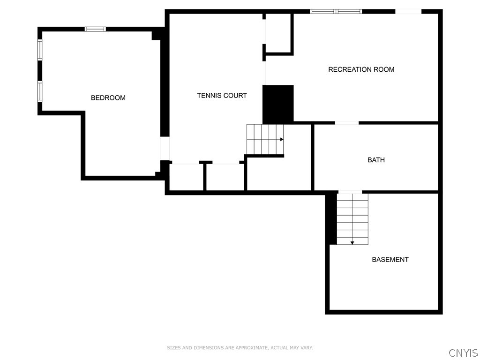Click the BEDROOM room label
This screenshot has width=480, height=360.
pyautogui.click(x=108, y=98)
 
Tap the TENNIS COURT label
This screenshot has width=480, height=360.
pyautogui.click(x=222, y=96)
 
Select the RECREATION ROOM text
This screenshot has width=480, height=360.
pyautogui.click(x=361, y=69)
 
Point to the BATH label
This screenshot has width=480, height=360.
pyautogui.click(x=376, y=160)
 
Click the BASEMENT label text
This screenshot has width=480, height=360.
pyautogui.click(x=390, y=260)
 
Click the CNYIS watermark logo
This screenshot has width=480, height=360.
pyautogui.click(x=463, y=353)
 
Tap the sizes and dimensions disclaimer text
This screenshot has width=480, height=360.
pyautogui.click(x=240, y=348)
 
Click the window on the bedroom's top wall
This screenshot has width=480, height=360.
pyautogui.click(x=95, y=29)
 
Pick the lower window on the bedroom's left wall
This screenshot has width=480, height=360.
pyautogui.click(x=40, y=91)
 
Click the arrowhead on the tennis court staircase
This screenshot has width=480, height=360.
pyautogui.click(x=282, y=139)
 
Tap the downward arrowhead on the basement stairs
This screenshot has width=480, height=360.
pyautogui.click(x=352, y=242)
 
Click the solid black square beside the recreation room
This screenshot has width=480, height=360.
pyautogui.click(x=278, y=104)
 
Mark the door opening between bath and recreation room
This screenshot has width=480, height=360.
pyautogui.click(x=347, y=123)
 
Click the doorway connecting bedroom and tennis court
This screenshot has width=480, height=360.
pyautogui.click(x=165, y=149)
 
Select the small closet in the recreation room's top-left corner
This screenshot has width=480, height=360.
pyautogui.click(x=278, y=34)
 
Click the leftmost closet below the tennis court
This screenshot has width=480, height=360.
pyautogui.click(x=186, y=177)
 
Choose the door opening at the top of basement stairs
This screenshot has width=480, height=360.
pyautogui.click(x=350, y=192)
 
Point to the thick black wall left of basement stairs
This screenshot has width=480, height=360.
pyautogui.click(x=331, y=218)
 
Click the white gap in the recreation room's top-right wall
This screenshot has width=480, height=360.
pyautogui.click(x=408, y=11)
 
